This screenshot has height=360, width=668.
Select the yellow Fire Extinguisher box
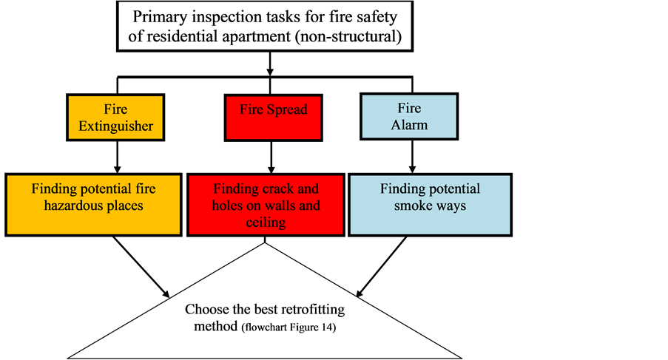tap(115, 118)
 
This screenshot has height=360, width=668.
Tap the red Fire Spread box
tap(274, 118)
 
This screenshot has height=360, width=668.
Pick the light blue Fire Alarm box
tap(409, 116)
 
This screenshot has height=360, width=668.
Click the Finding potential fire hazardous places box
tap(93, 205)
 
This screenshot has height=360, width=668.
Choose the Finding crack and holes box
tap(266, 205)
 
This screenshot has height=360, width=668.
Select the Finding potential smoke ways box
tap(430, 205)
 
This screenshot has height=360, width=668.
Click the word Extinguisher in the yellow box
tap(115, 126)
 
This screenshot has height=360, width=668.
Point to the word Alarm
tap(409, 125)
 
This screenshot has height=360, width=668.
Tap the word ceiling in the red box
tap(266, 222)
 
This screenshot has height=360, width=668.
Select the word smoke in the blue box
tap(412, 206)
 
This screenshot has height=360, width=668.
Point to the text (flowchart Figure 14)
tap(289, 327)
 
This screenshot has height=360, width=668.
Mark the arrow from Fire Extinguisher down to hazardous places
tap(117, 157)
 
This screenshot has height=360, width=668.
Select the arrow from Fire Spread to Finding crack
tap(271, 157)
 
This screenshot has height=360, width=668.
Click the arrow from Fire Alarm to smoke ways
tap(412, 156)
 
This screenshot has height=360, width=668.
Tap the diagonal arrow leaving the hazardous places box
tap(141, 267)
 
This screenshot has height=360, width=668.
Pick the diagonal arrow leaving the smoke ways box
tap(381, 267)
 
